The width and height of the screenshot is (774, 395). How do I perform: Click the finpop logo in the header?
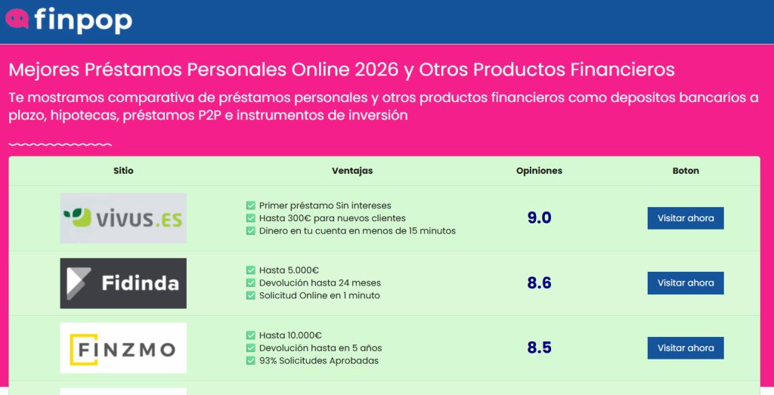click(69, 20)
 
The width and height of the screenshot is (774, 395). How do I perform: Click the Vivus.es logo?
click(123, 218)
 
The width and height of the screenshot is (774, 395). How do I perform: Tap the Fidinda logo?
click(123, 283)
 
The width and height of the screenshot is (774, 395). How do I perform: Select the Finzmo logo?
click(123, 348)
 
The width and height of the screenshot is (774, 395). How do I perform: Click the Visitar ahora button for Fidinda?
click(685, 283)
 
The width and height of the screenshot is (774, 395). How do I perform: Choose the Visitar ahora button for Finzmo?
click(685, 348)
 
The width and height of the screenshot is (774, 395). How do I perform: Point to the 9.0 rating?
click(539, 218)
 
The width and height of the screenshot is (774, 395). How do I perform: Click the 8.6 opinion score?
click(539, 283)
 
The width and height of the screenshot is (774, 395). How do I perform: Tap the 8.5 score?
click(539, 348)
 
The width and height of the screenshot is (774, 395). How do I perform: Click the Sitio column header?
click(123, 171)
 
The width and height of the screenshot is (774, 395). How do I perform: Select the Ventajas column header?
click(352, 171)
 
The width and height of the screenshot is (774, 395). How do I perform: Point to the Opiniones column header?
click(539, 171)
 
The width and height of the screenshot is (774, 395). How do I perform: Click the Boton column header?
click(686, 171)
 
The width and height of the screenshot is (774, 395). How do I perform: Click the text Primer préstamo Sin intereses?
click(325, 205)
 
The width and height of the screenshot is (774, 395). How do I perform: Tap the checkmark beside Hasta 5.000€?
click(251, 270)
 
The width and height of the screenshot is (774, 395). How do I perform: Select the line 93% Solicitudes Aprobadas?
click(318, 361)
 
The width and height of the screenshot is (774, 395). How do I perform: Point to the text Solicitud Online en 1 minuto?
click(319, 296)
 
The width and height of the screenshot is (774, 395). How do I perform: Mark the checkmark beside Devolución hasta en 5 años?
click(251, 348)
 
